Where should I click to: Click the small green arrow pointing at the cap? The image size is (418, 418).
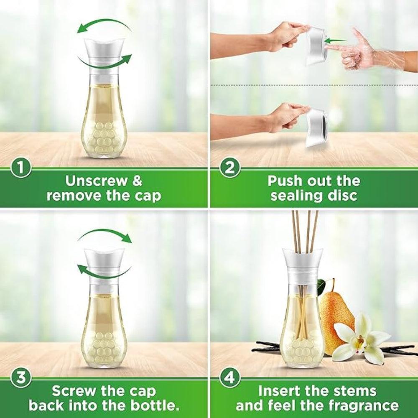[x=335, y=41]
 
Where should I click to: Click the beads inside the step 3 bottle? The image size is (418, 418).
[x=104, y=349]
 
